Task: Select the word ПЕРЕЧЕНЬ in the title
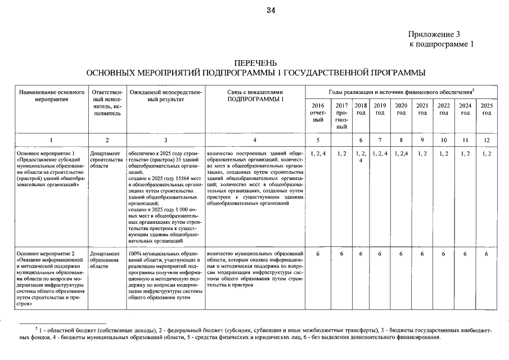pos(255,62)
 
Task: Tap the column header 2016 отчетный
pos(318,112)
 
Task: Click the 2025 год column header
pos(487,109)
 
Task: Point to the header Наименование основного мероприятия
pos(51,95)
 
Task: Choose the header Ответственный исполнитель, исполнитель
pos(107,102)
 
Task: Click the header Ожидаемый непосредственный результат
pos(165,95)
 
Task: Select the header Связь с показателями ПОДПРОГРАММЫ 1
pos(255,95)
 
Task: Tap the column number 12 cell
pos(487,139)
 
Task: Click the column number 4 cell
pos(255,139)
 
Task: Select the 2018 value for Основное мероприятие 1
pos(361,156)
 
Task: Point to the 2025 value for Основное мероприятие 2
pos(487,254)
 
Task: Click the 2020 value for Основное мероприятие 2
pos(401,254)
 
